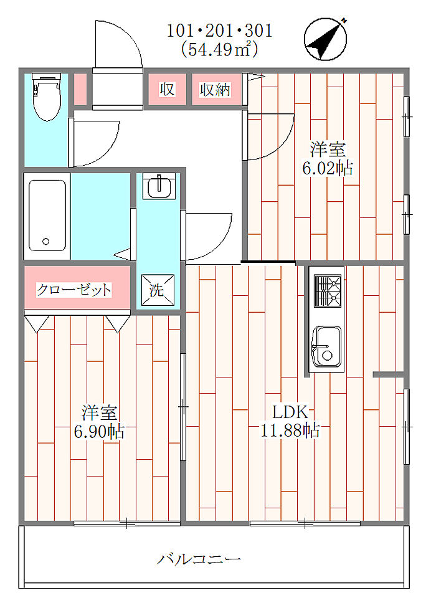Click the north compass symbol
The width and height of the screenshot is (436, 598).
pos(325,39)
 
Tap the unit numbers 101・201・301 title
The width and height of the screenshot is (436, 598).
pos(220,31)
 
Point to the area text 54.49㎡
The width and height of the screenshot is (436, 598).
pos(219,49)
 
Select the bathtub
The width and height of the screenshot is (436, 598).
pos(47,216)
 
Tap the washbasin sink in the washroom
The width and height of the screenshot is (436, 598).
pos(159,186)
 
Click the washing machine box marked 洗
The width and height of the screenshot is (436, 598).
pos(158,290)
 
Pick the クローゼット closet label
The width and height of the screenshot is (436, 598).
pos(74,290)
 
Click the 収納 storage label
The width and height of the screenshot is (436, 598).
pos(216,90)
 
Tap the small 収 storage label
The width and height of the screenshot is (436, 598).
pos(167,89)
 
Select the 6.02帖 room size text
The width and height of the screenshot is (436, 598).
pos(328,168)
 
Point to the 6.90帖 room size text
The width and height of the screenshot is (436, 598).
pos(99,431)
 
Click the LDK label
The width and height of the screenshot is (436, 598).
pos(290,412)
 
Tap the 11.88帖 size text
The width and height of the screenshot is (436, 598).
pos(290,430)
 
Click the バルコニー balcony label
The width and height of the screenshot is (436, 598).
pos(199,559)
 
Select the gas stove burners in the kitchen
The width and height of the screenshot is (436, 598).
pos(327,290)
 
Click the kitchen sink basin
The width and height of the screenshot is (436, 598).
pos(326,346)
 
